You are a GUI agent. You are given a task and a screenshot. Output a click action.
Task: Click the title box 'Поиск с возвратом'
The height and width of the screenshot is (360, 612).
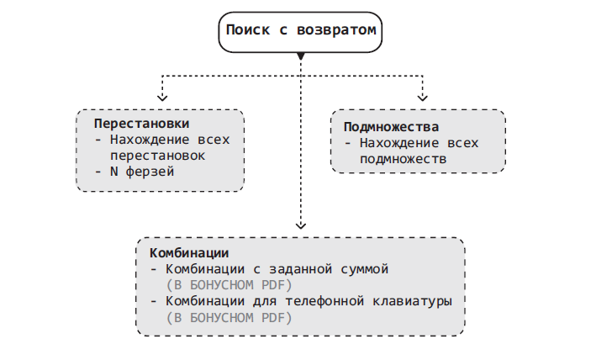pyautogui.click(x=301, y=30)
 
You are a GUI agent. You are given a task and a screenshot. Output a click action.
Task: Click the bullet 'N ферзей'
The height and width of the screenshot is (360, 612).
pyautogui.click(x=143, y=172)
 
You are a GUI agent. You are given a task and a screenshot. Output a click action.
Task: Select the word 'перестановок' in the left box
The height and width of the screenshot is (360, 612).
pyautogui.click(x=157, y=156)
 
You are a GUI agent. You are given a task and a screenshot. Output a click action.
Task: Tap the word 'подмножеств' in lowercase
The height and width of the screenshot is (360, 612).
pyautogui.click(x=403, y=158)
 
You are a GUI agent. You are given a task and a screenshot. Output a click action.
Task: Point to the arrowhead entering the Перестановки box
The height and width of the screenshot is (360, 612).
pyautogui.click(x=162, y=97)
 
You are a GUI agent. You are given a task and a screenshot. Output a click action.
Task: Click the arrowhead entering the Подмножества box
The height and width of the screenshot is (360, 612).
pyautogui.click(x=423, y=97)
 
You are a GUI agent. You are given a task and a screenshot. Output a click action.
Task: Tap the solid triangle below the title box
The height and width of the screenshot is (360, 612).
pyautogui.click(x=301, y=56)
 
